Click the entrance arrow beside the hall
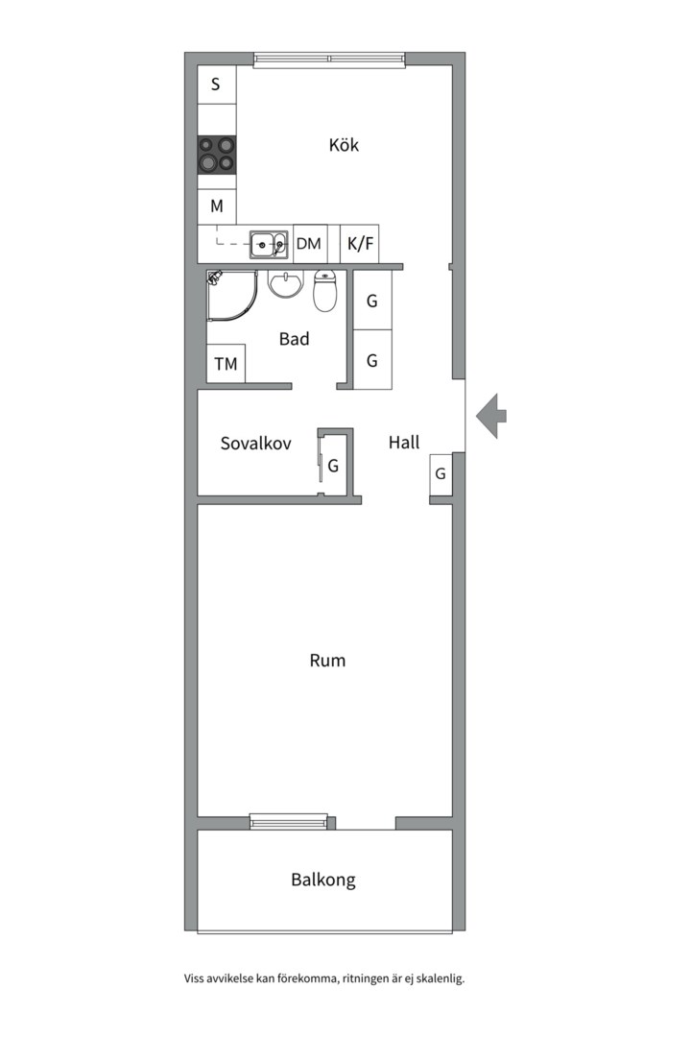pyautogui.click(x=491, y=416)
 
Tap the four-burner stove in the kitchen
pyautogui.click(x=216, y=155)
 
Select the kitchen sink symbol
pyautogui.click(x=269, y=245)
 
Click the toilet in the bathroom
pyautogui.click(x=324, y=290)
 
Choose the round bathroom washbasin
pyautogui.click(x=285, y=284)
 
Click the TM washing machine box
pyautogui.click(x=226, y=363)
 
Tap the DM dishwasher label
pyautogui.click(x=308, y=243)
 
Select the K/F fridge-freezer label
pyautogui.click(x=361, y=243)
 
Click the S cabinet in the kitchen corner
pyautogui.click(x=217, y=84)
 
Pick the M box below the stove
pyautogui.click(x=217, y=206)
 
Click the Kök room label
pyautogui.click(x=344, y=145)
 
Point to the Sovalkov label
pyautogui.click(x=256, y=443)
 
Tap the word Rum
pyautogui.click(x=327, y=660)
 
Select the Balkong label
pyautogui.click(x=323, y=880)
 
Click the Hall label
pyautogui.click(x=404, y=442)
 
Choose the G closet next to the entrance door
pyautogui.click(x=441, y=473)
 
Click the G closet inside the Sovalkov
pyautogui.click(x=333, y=466)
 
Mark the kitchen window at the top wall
pyautogui.click(x=329, y=60)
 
